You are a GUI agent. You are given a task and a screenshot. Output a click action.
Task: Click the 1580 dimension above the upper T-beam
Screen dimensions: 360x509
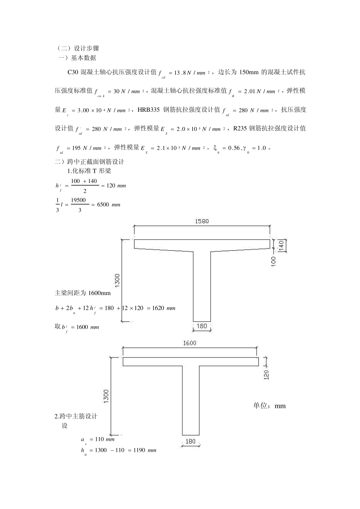coord(202,221)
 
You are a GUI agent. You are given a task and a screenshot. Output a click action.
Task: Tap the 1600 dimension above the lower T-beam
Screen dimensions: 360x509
coord(189,343)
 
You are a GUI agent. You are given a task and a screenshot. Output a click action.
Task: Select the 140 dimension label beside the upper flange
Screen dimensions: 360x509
coord(281,245)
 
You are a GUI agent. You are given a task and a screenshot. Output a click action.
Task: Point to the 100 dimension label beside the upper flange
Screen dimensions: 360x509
coord(274,261)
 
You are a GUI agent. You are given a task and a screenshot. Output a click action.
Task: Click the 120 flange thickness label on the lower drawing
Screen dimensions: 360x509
coord(266,375)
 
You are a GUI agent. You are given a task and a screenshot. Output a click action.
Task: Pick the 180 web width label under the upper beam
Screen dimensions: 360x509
coord(202,326)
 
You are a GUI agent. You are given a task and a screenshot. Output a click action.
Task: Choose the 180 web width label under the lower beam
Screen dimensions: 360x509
coord(191,441)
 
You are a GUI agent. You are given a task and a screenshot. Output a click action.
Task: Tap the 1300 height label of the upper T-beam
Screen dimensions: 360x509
coord(117,280)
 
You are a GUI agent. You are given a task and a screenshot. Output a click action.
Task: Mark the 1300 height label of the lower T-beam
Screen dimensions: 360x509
coord(106,396)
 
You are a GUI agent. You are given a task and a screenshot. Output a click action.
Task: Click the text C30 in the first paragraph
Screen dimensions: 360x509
coord(72,72)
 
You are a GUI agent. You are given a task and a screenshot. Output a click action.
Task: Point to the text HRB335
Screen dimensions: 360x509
coord(149,110)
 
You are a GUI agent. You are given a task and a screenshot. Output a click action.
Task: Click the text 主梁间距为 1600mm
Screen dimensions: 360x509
coord(83,293)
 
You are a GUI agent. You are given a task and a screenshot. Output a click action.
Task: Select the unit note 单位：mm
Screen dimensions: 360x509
coord(269,406)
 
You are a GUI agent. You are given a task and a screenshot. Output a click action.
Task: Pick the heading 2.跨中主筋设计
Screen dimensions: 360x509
coord(76,416)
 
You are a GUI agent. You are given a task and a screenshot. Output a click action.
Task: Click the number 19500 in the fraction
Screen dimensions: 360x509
coord(78,200)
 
